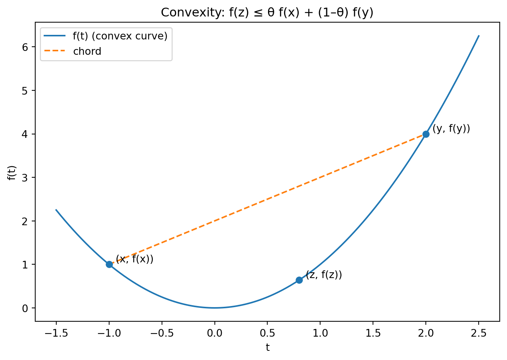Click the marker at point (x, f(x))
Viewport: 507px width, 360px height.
109,264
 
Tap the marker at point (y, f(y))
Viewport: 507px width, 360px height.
426,134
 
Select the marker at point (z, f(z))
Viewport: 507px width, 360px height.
299,280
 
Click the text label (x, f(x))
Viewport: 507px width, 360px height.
134,259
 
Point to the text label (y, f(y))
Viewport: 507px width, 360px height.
451,129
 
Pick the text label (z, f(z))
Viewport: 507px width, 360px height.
324,275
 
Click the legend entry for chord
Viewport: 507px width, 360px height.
87,51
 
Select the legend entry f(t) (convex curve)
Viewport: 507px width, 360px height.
120,36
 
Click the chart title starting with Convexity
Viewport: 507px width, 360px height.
267,13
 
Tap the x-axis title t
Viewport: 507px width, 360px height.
267,347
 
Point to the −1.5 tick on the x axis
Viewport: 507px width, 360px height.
56,333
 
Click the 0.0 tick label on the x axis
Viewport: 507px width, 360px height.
214,333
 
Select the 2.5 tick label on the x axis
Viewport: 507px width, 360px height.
478,333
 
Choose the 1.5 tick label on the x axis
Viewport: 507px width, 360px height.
373,333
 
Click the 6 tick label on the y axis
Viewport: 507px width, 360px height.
26,47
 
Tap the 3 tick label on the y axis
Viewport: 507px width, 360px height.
26,178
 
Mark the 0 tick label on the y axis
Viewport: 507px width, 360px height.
26,308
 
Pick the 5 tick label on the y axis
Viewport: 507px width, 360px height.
26,91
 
